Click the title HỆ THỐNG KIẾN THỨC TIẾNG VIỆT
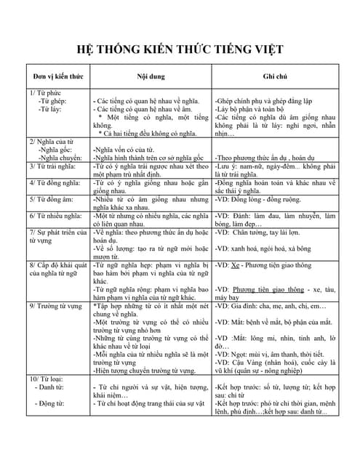(x=180, y=49)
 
